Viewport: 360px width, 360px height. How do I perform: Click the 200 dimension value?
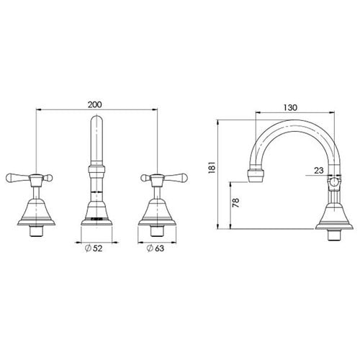click(x=94, y=104)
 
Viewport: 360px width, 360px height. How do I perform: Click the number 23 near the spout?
click(x=319, y=171)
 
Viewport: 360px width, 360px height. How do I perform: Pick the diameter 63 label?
click(x=159, y=249)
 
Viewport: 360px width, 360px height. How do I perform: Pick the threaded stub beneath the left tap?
click(x=34, y=232)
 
